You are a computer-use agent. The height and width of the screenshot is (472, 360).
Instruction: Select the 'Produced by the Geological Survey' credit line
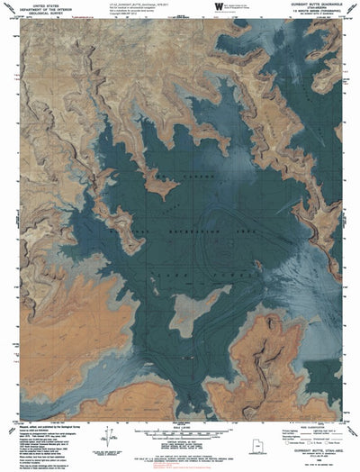point(36,433)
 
